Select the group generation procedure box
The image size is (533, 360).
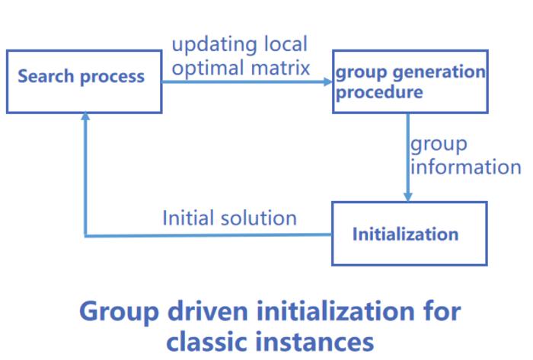410,81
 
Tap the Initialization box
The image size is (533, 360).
409,234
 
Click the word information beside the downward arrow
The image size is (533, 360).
465,167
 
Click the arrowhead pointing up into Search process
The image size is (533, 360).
85,117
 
